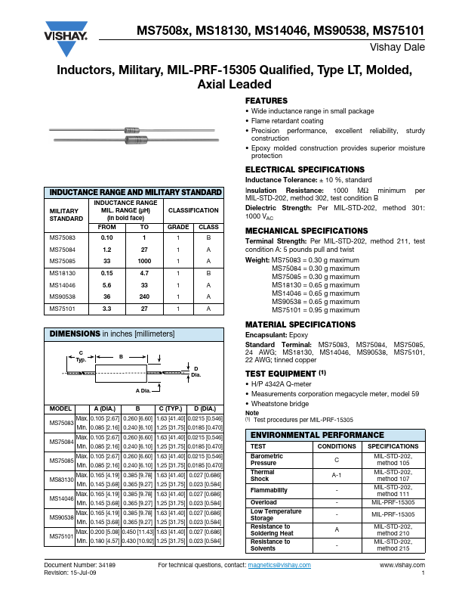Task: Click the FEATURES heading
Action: (266, 101)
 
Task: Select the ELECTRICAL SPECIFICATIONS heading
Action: (294, 169)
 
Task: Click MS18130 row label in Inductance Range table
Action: (63, 271)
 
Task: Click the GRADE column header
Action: (177, 227)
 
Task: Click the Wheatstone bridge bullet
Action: (280, 405)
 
